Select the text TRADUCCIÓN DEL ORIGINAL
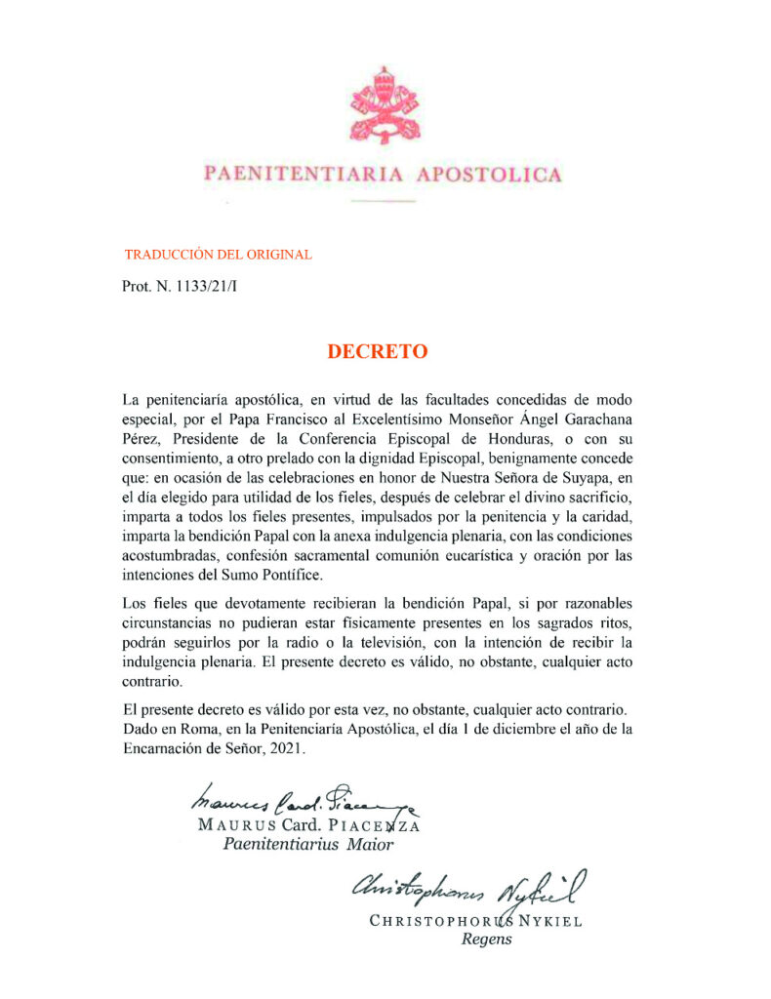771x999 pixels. point(218,255)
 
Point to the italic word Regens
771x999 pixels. point(486,939)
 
